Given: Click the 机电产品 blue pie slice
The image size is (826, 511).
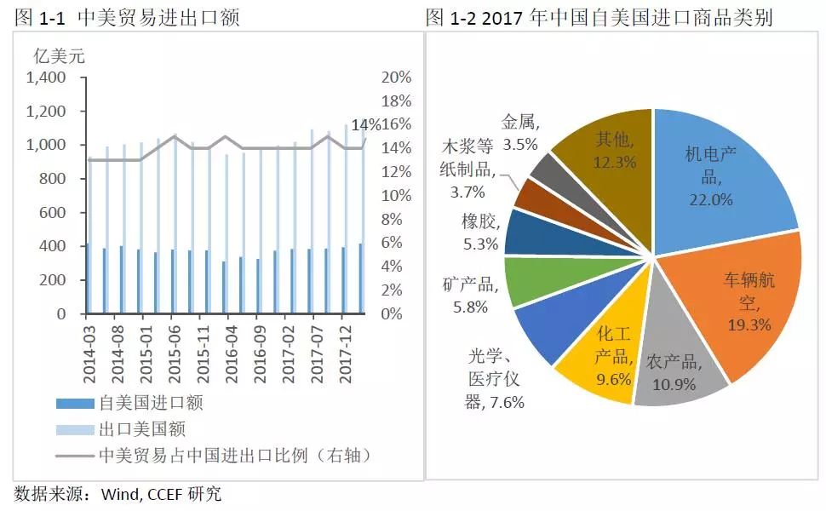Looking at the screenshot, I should click(x=715, y=170).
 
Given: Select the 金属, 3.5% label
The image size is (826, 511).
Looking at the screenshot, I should click(x=519, y=132).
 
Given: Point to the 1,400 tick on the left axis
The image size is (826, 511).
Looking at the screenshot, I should click(x=46, y=78).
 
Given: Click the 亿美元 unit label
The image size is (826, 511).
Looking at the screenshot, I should click(x=59, y=56).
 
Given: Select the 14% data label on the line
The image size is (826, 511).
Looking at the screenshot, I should click(x=366, y=125).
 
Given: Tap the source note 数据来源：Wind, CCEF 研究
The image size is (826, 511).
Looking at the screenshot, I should click(x=118, y=494).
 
